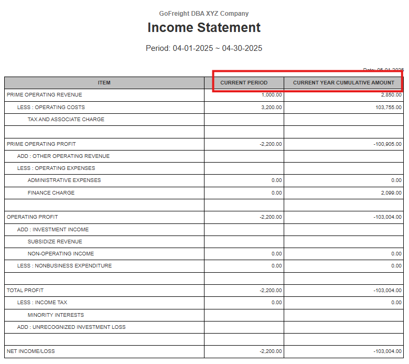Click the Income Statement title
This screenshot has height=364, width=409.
[x=204, y=28]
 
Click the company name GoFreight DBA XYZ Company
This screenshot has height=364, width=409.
[x=204, y=14]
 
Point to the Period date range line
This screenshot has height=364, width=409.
[x=204, y=48]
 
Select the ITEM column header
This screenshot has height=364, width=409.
[x=104, y=83]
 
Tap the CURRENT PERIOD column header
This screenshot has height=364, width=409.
[x=244, y=83]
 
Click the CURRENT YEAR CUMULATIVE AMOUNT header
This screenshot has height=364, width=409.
[x=343, y=83]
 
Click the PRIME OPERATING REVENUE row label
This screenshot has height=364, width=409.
[x=45, y=95]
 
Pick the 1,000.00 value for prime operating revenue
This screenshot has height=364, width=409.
[x=272, y=95]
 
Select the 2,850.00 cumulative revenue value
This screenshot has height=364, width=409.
[x=391, y=95]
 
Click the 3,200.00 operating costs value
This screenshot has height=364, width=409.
[x=272, y=108]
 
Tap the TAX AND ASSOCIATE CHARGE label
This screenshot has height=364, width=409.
[x=66, y=120]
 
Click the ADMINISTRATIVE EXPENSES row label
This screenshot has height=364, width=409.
[x=64, y=180]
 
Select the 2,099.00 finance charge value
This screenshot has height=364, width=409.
[x=391, y=193]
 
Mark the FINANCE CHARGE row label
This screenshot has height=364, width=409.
[x=51, y=193]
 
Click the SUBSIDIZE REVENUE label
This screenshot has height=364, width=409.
[x=55, y=242]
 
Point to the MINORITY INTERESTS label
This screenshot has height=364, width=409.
[x=56, y=315]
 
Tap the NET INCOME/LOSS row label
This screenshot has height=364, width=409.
[x=31, y=351]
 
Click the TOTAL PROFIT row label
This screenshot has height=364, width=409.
[x=25, y=290]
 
